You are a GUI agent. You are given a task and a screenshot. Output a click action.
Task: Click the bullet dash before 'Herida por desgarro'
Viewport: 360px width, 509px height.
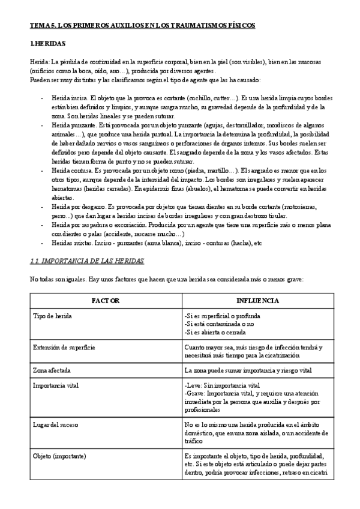click(41, 206)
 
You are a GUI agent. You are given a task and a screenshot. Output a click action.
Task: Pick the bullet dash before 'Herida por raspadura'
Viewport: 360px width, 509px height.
click(41, 224)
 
